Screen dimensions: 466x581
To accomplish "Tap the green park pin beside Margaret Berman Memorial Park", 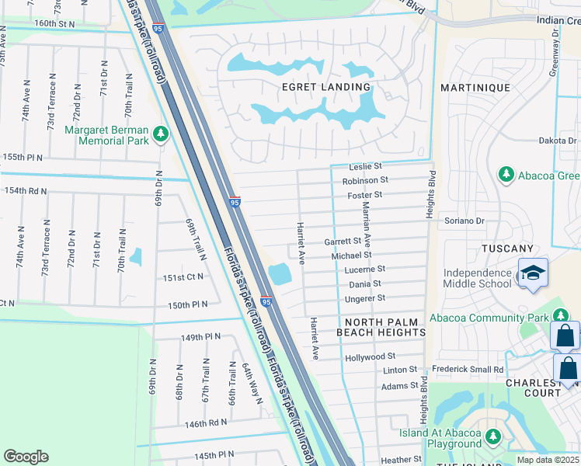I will coord(161,134).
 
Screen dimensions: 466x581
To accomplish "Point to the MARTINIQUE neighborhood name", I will coord(475,88).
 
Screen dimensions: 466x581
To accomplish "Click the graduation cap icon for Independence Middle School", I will coord(534,273).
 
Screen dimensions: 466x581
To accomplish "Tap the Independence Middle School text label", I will coord(477,279).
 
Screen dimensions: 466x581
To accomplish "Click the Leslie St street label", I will coord(366,166).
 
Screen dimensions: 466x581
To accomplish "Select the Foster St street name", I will coord(365,195).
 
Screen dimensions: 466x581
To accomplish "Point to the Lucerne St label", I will coord(365,270).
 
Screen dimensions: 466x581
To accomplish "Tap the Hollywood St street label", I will coord(370,356).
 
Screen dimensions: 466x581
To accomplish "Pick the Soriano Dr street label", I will coord(464,221).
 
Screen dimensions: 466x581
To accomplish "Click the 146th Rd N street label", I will coord(207,423).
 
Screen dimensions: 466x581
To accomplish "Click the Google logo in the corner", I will coord(26,457).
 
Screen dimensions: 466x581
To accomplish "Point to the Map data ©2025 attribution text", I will coord(548,461).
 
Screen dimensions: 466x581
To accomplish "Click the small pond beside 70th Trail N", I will coord(137,256).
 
